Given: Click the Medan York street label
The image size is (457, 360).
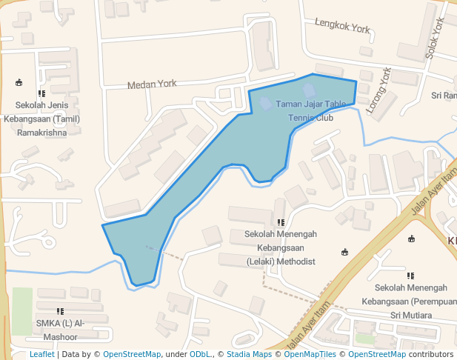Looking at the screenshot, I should tap(151, 84).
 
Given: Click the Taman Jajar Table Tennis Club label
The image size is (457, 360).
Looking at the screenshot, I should tap(310, 111).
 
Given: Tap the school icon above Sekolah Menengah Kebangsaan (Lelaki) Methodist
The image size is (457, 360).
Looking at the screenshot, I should tap(281, 221).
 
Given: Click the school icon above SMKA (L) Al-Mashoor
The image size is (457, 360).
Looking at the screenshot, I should tap(60, 311).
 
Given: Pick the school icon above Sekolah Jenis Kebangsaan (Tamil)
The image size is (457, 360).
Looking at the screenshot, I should tap(41, 93).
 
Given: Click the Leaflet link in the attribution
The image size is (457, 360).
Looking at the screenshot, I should tap(41, 354).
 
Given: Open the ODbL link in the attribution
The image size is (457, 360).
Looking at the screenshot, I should tap(199, 354).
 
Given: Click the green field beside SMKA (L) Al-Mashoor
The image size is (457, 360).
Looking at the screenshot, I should tap(21, 311).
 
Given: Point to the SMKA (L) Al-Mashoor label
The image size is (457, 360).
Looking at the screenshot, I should tap(60, 330).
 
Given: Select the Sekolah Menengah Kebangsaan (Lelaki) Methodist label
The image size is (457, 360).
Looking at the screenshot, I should tap(281, 247).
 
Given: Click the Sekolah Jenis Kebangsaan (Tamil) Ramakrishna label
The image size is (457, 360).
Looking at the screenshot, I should tap(41, 119).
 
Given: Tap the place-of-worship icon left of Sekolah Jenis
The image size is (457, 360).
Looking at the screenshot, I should tap(18, 81).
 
